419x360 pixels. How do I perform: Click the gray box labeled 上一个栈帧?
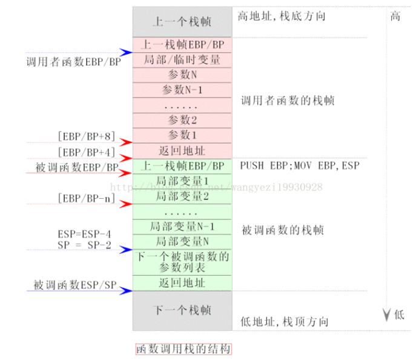click(182, 22)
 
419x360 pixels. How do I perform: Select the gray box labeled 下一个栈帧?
click(182, 310)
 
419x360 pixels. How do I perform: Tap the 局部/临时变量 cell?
click(182, 60)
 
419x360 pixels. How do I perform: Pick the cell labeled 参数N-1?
click(182, 90)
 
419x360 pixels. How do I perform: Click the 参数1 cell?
click(182, 135)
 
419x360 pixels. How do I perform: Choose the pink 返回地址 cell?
click(182, 150)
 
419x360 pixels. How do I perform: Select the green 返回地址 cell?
click(182, 282)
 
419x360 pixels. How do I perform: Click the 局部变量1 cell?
click(182, 181)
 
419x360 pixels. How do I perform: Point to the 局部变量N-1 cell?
click(182, 227)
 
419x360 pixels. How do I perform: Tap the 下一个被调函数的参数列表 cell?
click(182, 261)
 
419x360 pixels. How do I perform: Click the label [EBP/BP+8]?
click(86, 136)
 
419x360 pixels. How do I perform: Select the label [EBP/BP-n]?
click(86, 198)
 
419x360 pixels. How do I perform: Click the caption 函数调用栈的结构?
click(183, 349)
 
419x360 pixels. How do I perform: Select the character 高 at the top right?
click(395, 16)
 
